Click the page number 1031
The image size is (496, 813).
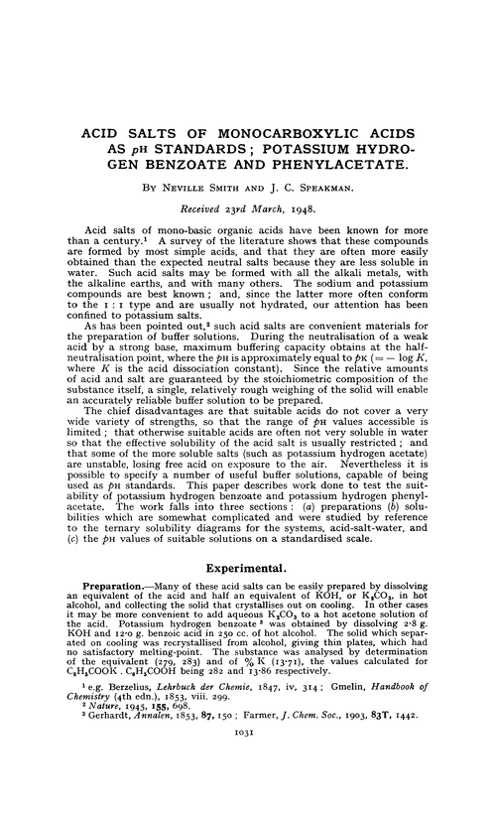click(x=247, y=787)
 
